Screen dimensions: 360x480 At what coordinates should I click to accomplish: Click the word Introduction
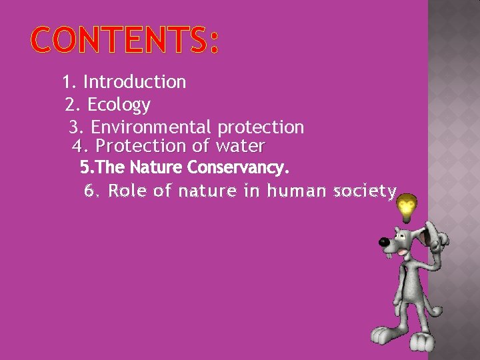135,83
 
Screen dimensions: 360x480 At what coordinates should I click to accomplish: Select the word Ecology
119,105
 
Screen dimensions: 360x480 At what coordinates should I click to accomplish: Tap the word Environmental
151,127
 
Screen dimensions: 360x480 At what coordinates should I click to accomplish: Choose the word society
365,191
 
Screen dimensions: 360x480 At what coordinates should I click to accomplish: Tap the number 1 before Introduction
67,83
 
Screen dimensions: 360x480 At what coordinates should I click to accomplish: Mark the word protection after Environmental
261,127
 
